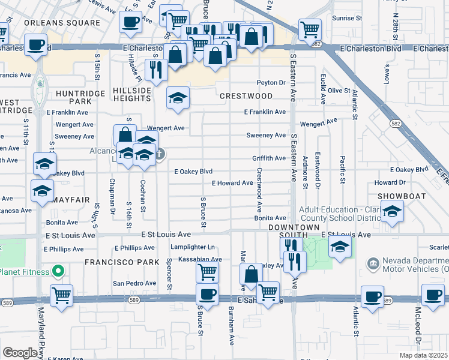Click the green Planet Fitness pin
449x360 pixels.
click(58, 271)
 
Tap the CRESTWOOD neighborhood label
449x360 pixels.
click(246, 96)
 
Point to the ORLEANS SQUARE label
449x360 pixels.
click(62, 23)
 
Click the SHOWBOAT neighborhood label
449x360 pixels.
click(397, 196)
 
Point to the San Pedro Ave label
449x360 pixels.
click(135, 283)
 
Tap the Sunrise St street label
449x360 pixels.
click(348, 19)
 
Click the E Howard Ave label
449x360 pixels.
click(232, 183)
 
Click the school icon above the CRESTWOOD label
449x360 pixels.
click(178, 99)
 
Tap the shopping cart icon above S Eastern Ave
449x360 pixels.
click(310, 29)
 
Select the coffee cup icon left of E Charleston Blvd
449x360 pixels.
click(36, 44)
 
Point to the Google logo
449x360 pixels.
click(21, 352)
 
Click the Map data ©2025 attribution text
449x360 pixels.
click(424, 355)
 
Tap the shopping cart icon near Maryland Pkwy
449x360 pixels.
click(61, 296)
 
